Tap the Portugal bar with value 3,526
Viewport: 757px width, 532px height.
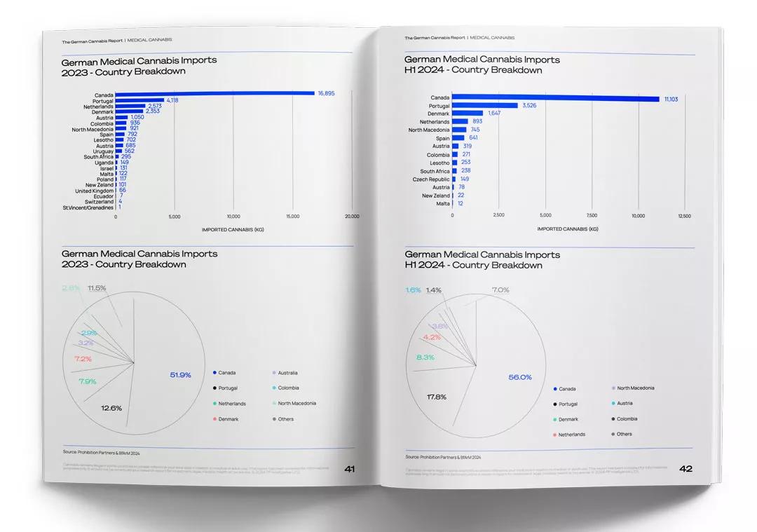click(x=485, y=105)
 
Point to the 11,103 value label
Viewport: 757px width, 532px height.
click(x=672, y=99)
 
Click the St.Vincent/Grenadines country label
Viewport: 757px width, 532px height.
click(x=88, y=207)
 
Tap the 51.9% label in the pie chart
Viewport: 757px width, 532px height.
click(x=181, y=375)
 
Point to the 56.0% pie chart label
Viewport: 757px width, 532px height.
click(x=520, y=377)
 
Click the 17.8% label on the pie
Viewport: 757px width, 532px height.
click(x=437, y=397)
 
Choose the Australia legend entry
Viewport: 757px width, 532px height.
click(x=287, y=373)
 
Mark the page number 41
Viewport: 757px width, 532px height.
click(x=349, y=469)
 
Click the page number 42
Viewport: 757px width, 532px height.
click(x=686, y=469)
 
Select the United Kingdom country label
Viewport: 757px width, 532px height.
click(x=95, y=191)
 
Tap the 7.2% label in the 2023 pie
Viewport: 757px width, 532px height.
click(x=83, y=359)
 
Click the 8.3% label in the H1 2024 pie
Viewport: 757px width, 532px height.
click(x=425, y=357)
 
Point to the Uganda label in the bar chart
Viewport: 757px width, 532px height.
click(x=104, y=163)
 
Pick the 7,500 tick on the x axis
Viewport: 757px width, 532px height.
click(x=592, y=216)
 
